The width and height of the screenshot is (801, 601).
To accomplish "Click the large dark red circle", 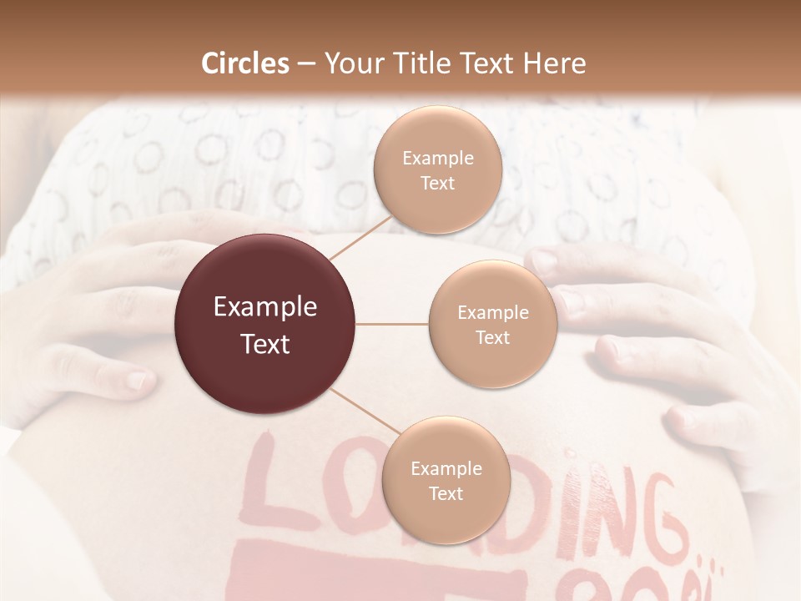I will click(x=265, y=324).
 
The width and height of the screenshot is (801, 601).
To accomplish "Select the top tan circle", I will click(x=437, y=169).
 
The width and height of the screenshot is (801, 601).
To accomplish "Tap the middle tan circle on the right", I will click(x=492, y=324).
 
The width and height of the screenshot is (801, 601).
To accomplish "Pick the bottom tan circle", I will click(x=446, y=480).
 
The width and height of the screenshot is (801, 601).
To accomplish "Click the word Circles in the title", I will click(x=245, y=63).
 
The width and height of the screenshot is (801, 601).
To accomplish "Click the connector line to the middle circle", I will click(x=392, y=323).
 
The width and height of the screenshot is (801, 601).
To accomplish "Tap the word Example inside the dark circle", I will click(x=265, y=307).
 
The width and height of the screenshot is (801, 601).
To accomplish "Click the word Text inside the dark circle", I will click(x=265, y=343).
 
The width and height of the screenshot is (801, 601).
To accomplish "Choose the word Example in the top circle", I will click(x=437, y=159).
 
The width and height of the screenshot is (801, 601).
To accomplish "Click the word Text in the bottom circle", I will click(x=446, y=493).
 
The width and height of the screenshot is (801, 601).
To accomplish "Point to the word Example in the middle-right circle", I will click(x=492, y=313).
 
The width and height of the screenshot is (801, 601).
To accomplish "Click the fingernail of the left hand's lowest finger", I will click(x=139, y=381).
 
